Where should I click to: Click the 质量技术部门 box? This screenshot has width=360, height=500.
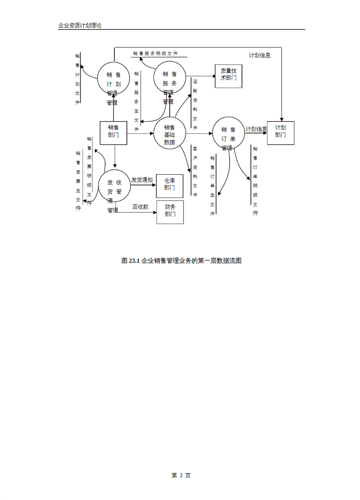coord(228,76)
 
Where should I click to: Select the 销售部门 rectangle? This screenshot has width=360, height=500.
coord(113,133)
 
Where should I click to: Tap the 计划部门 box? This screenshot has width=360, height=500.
coord(280,133)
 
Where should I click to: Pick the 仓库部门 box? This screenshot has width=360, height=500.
coord(169,186)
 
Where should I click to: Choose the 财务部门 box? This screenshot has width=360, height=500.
coord(170,212)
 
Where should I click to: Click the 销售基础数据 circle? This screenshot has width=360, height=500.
coord(169,133)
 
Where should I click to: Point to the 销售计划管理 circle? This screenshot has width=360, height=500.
coord(113,78)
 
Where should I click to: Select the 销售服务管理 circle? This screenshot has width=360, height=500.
coord(169,78)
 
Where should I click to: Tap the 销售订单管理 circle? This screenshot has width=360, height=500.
coord(228,133)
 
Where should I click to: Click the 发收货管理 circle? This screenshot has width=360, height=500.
coord(114,186)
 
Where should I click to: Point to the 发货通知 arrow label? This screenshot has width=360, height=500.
coord(142,180)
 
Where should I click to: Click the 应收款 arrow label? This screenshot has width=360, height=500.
coord(140,207)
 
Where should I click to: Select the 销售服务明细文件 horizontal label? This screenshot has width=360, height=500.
coord(155,53)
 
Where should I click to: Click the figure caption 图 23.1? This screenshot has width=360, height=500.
coord(181,261)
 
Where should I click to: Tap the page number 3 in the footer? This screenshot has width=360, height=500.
coord(181,475)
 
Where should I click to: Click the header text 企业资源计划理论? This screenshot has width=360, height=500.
coord(80,25)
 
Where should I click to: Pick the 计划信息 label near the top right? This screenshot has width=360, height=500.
coord(260,55)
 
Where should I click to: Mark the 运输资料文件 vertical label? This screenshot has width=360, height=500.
coord(195,104)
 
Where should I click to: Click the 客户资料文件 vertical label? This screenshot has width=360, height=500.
coord(195,171)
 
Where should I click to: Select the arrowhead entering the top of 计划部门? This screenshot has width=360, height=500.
coord(282,119)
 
